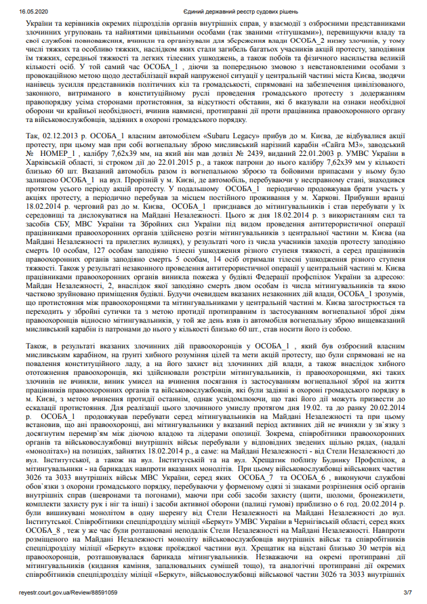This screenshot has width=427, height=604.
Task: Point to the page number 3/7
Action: (x=407, y=594)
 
